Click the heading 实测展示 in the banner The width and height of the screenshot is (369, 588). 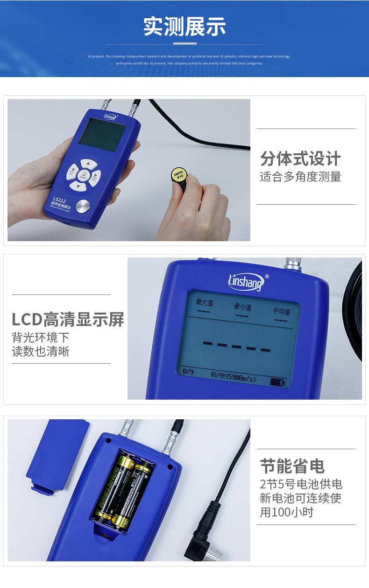[x=184, y=27]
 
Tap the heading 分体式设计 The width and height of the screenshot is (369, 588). [x=300, y=159]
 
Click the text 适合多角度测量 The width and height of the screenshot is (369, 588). [x=300, y=177]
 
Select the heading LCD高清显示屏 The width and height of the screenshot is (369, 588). [x=68, y=320]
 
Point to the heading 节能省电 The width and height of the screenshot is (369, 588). [x=292, y=466]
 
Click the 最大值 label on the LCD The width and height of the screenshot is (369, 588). [x=204, y=303]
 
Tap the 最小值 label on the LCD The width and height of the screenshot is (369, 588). [x=242, y=307]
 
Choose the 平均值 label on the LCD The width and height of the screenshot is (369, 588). [x=281, y=311]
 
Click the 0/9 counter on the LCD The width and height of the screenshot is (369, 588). [x=188, y=372]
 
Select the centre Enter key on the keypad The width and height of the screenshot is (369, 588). [x=83, y=175]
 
